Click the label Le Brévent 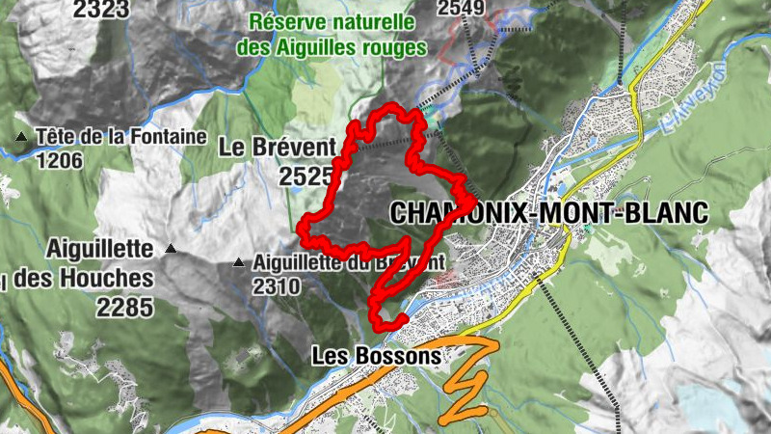(277, 148)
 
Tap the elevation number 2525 (306, 176)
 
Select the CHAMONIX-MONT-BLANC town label (548, 212)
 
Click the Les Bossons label (376, 356)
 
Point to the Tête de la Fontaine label (121, 137)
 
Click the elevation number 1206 (59, 160)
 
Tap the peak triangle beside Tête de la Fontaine (21, 137)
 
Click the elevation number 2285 (124, 308)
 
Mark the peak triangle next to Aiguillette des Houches (171, 249)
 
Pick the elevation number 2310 (277, 286)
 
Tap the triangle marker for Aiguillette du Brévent (239, 262)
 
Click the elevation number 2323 (100, 9)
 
